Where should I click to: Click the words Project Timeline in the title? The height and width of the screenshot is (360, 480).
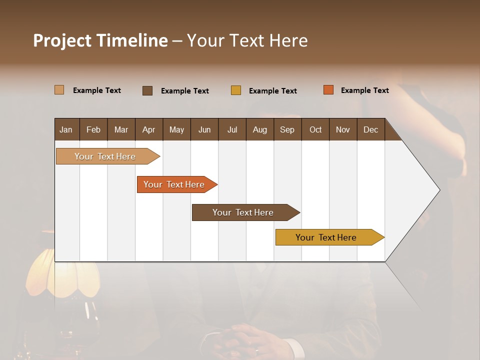coord(100,40)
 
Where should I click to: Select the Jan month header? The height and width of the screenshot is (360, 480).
coord(66,129)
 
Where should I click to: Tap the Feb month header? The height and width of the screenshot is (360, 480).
coord(93,129)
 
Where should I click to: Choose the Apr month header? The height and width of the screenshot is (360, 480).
coord(148,129)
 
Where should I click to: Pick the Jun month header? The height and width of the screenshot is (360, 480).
coord(204,129)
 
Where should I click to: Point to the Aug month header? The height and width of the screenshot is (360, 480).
coord(259,129)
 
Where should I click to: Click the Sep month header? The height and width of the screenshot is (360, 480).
coord(287,129)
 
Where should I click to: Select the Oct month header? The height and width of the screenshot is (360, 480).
coord(315,129)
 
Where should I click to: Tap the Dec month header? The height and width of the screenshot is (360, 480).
coord(370,129)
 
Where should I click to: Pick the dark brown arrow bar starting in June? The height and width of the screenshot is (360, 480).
coord(243,212)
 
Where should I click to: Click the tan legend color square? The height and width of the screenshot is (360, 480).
coord(59,90)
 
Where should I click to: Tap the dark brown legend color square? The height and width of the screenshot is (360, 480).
coord(147,90)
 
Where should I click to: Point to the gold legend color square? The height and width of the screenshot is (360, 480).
coord(236,90)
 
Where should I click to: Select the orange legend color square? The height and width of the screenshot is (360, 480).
coord(328,90)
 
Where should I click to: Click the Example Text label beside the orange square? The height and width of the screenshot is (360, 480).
coord(364,90)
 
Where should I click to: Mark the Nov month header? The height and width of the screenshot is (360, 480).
coord(343,129)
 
